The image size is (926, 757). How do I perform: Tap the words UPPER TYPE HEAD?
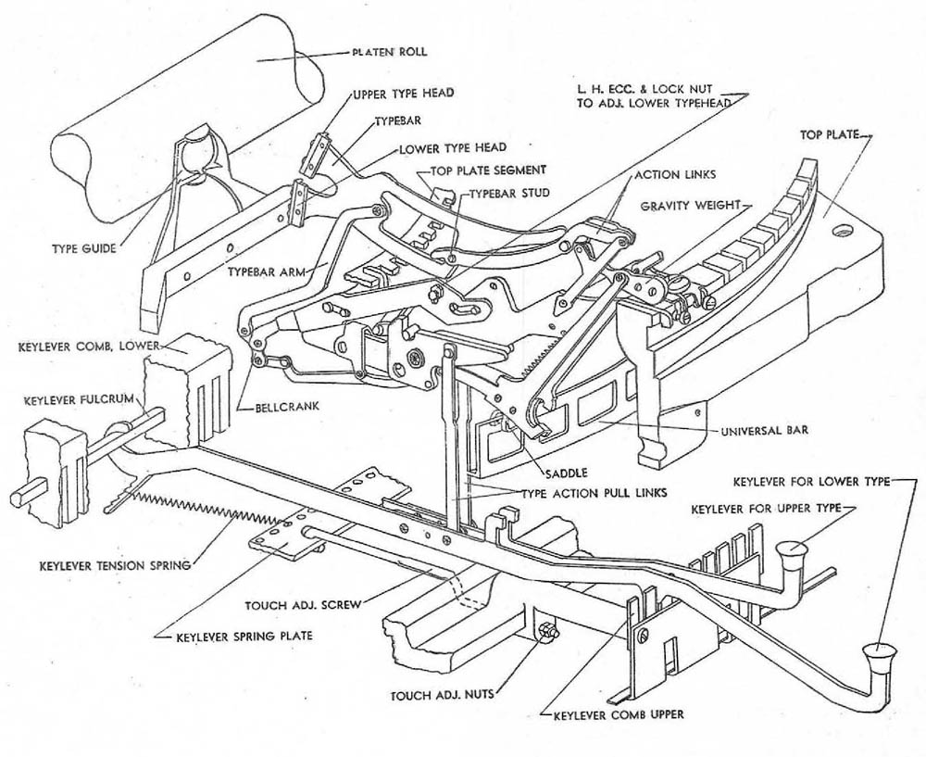(x=398, y=96)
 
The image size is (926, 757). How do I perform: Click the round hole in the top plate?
(x=844, y=228)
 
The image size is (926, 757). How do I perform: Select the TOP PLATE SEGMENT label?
(x=488, y=170)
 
